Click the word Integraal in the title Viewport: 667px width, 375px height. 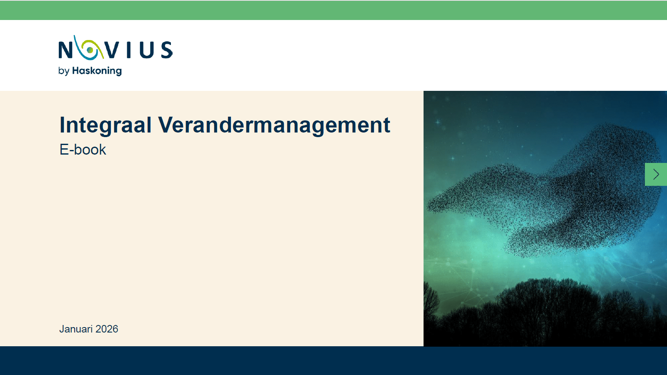105,125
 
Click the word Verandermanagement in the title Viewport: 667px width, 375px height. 274,125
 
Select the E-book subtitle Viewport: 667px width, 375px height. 83,150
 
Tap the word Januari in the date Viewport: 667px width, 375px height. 76,329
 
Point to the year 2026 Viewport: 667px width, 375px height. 107,329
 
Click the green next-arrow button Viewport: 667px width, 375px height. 656,174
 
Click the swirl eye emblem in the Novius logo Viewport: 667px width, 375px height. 89,49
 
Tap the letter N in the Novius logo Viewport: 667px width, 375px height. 65,50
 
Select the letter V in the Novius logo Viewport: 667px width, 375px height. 112,50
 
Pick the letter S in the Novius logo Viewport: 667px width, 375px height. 167,50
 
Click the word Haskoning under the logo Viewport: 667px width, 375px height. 97,71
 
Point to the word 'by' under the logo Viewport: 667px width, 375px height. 63,71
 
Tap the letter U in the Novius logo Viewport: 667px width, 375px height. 147,50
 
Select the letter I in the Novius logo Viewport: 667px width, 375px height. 129,50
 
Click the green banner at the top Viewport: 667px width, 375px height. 333,10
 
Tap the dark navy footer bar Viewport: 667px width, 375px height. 333,360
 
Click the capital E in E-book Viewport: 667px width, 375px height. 64,150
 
